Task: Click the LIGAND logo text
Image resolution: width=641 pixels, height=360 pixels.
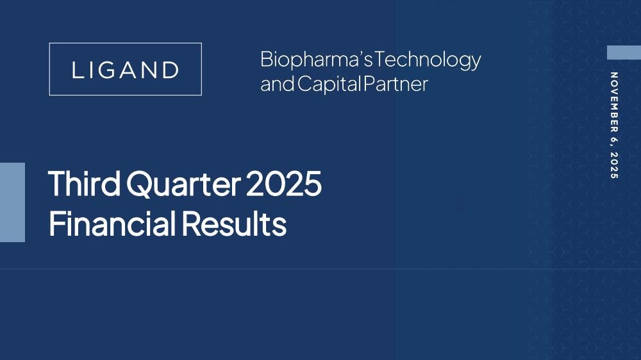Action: pos(126,70)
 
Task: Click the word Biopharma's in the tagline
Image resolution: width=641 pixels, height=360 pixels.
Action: pos(317,60)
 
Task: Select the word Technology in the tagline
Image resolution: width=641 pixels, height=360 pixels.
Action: pos(428,60)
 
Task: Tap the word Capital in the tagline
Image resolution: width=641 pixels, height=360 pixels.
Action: pos(329,84)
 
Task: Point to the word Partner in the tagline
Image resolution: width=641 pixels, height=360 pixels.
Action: pos(395,84)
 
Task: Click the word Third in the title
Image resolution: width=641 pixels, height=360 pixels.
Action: pos(84,183)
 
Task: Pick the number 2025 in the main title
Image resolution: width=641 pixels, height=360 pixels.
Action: pos(284,183)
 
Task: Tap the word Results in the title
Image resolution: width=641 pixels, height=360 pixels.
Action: pos(234,223)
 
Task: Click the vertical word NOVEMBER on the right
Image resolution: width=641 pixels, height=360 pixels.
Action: pos(613,102)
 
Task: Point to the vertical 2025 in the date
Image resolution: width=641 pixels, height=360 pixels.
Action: pos(613,165)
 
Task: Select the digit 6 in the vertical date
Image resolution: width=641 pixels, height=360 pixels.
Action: pos(613,140)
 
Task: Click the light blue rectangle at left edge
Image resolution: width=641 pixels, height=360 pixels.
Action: pos(12,202)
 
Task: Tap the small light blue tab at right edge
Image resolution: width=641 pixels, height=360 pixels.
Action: pos(624,53)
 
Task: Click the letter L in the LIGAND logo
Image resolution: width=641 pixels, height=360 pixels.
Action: pos(78,70)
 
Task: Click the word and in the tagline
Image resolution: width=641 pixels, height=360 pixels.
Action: pos(278,84)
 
